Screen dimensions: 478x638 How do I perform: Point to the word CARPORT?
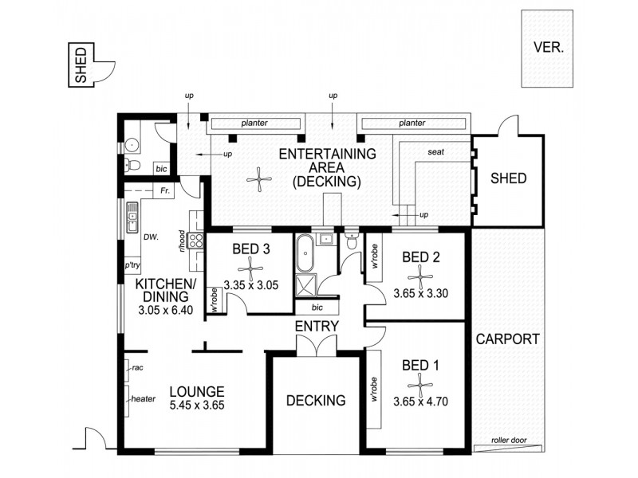coord(508,339)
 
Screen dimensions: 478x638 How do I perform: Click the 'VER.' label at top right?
coord(548,46)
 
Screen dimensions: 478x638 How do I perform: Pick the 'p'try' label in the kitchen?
coord(132,266)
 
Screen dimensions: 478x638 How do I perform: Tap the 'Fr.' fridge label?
coord(165,192)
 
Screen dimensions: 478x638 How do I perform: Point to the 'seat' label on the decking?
coord(436,152)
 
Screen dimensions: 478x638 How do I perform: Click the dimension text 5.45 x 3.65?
coord(197,406)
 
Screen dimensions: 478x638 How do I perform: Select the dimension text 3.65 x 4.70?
coord(420,402)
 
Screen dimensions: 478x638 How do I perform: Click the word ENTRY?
coord(317,327)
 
